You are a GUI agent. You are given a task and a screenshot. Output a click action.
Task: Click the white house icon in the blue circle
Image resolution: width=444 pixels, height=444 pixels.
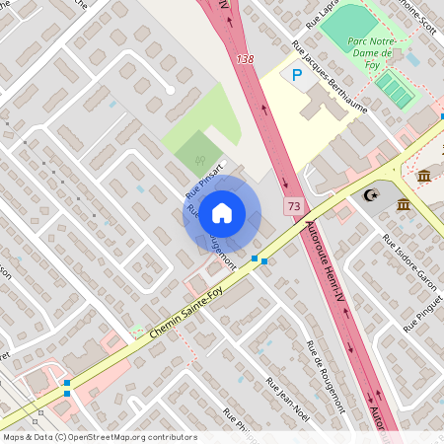pos(222,213)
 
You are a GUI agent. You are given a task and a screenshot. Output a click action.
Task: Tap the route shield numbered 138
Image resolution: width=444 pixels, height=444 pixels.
pos(246,61)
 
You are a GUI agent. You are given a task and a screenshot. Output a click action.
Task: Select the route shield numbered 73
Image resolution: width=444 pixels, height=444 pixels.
pos(293,206)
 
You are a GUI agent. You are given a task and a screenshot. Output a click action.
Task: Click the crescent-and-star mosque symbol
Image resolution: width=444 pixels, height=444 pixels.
pos(371,195)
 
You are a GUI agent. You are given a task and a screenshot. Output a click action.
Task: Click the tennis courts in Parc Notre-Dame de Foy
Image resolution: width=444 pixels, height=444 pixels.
pos(396,90)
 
